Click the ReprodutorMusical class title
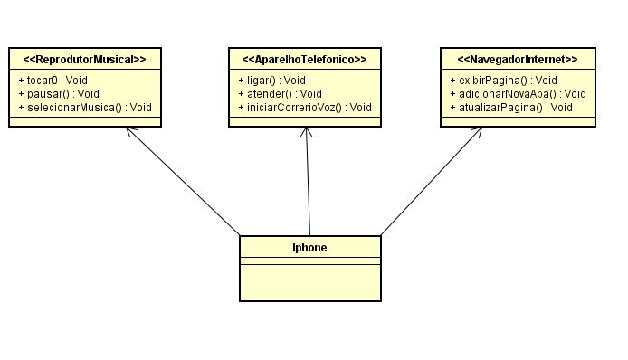[x=84, y=60]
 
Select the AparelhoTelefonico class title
[x=304, y=60]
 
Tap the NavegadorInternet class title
[x=518, y=60]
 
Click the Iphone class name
[x=309, y=247]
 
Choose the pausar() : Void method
[x=57, y=93]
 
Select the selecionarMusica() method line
[x=84, y=107]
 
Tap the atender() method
[x=278, y=93]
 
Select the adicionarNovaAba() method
[x=518, y=93]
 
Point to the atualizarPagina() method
[x=510, y=107]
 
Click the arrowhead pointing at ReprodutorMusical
[x=130, y=130]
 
